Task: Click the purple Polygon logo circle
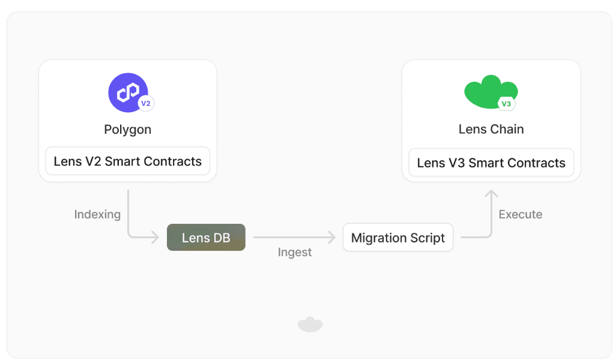tap(128, 92)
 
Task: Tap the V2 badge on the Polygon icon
tap(146, 104)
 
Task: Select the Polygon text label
tap(127, 130)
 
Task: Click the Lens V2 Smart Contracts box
tap(128, 161)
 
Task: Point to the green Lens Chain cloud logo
tap(491, 92)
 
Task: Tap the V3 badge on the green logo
tap(506, 104)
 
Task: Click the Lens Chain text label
tap(491, 129)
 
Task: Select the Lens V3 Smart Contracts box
tap(491, 163)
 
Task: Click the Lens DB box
tap(206, 237)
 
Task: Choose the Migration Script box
tap(398, 238)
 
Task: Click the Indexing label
tap(97, 215)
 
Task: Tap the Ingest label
tap(295, 253)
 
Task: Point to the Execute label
tap(521, 214)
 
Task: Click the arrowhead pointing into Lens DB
tap(156, 237)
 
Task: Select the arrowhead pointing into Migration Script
tap(332, 237)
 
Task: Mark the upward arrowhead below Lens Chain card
tap(491, 193)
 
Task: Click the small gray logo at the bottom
tap(310, 325)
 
